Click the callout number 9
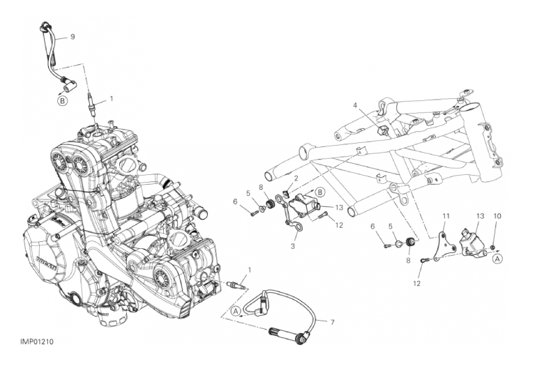(73, 36)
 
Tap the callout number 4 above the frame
(355, 106)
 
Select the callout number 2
(296, 178)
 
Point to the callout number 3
(293, 246)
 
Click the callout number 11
(446, 216)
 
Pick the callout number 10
(497, 216)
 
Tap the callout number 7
(332, 322)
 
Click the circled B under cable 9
(63, 101)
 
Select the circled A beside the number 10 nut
(497, 259)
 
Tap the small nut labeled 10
(493, 247)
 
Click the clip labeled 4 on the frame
(383, 130)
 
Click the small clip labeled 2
(287, 193)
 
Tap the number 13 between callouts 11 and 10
(480, 216)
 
